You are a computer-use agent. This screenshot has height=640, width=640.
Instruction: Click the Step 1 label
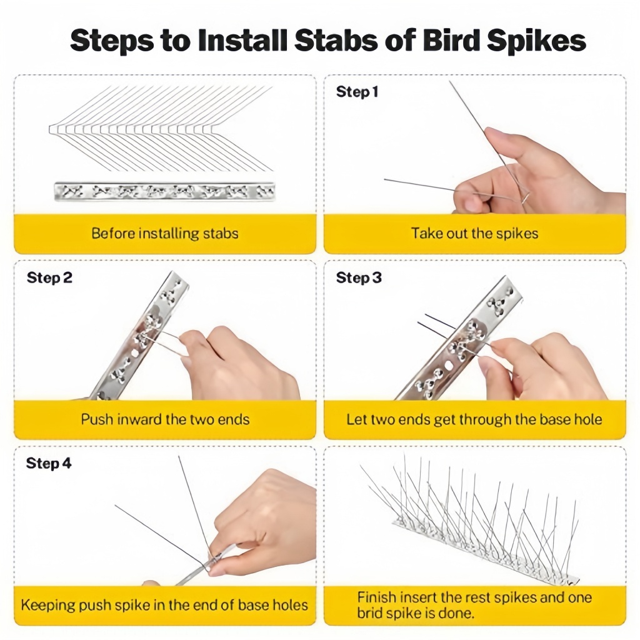(x=357, y=92)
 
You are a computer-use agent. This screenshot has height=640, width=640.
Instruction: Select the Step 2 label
(x=49, y=278)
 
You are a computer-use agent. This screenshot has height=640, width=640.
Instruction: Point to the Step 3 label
(x=358, y=278)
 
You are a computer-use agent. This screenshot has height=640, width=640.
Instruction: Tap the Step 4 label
(x=49, y=464)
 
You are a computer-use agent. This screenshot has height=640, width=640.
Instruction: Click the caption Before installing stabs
(x=165, y=234)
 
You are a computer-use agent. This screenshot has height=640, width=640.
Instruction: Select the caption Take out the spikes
(x=474, y=234)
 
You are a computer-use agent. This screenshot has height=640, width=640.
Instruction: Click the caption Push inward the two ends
(x=165, y=419)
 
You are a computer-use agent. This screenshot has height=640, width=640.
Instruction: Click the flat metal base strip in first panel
(x=164, y=191)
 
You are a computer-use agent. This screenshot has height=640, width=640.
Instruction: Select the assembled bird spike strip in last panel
(x=475, y=531)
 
